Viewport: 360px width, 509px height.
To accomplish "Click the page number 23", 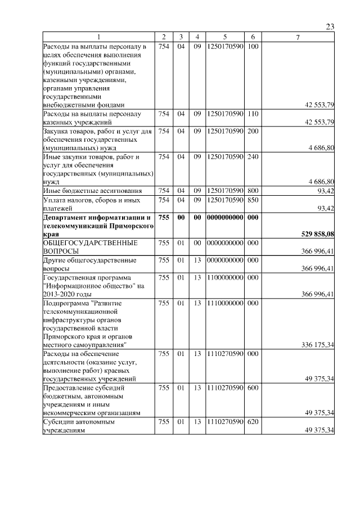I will pos(330,27).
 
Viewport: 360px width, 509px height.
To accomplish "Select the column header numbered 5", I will pos(224,37).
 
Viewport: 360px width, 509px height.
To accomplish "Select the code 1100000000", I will pos(224,277).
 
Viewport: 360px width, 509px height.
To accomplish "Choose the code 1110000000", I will pos(224,303).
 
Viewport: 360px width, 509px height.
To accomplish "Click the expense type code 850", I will pos(253,200).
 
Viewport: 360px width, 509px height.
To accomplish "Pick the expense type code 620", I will pos(253,421).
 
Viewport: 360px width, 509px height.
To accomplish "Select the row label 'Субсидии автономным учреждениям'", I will pos(79,426).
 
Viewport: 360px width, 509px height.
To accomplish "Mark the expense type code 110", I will pos(253,114).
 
